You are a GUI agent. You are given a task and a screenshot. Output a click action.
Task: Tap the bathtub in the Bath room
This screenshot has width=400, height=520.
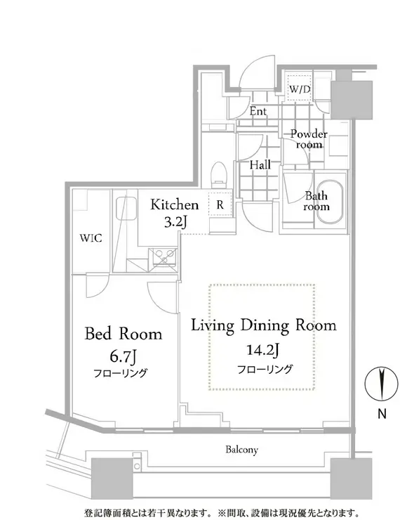[329, 202]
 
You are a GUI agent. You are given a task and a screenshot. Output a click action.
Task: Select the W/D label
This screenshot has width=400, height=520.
[300, 89]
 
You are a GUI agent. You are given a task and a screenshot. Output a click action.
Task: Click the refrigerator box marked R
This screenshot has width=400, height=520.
[220, 204]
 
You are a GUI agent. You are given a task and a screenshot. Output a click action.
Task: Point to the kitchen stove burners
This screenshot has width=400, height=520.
[165, 257]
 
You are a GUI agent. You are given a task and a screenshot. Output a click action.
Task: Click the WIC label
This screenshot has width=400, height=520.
[91, 238]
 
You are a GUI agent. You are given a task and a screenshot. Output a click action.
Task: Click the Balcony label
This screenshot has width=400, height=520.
[241, 450]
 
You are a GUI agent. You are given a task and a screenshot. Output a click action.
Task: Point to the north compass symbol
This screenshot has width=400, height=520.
[381, 384]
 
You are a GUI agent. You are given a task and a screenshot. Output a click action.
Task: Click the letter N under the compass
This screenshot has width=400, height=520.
[382, 414]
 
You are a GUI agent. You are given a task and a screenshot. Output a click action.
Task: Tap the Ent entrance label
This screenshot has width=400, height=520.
[258, 111]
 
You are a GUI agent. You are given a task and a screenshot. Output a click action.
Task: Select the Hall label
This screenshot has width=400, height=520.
[260, 164]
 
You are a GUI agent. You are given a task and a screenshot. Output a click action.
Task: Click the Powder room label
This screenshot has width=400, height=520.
[309, 139]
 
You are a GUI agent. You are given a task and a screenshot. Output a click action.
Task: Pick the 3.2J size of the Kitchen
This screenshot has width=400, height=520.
[175, 222]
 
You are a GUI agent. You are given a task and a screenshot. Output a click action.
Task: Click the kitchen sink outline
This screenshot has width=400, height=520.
[126, 208]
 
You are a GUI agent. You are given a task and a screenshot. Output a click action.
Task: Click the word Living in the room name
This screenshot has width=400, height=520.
[213, 325]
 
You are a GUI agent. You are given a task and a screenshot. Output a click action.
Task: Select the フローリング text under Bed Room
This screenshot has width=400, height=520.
[120, 373]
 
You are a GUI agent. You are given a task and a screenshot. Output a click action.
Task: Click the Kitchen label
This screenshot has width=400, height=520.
[175, 204]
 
